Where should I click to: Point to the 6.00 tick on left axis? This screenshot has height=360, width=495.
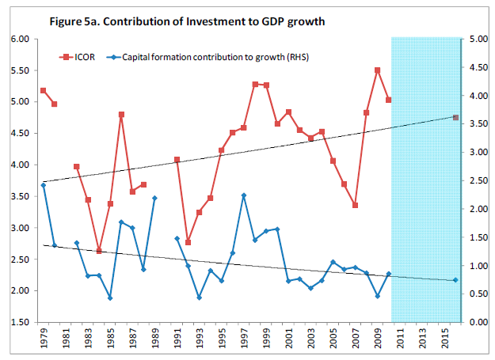pyautogui.click(x=20, y=39)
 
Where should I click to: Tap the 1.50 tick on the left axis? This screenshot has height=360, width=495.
pyautogui.click(x=20, y=322)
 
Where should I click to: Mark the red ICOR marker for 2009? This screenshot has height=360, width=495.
pyautogui.click(x=378, y=70)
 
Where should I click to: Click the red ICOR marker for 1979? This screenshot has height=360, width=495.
pyautogui.click(x=43, y=91)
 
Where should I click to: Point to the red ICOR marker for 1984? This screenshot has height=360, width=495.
pyautogui.click(x=99, y=251)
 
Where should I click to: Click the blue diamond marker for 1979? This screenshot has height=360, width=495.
pyautogui.click(x=43, y=185)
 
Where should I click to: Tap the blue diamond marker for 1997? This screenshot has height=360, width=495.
pyautogui.click(x=244, y=195)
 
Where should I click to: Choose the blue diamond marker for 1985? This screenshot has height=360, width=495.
pyautogui.click(x=110, y=298)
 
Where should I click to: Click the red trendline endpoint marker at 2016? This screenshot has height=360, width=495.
pyautogui.click(x=455, y=117)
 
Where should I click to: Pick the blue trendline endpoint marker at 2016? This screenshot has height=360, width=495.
pyautogui.click(x=455, y=280)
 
